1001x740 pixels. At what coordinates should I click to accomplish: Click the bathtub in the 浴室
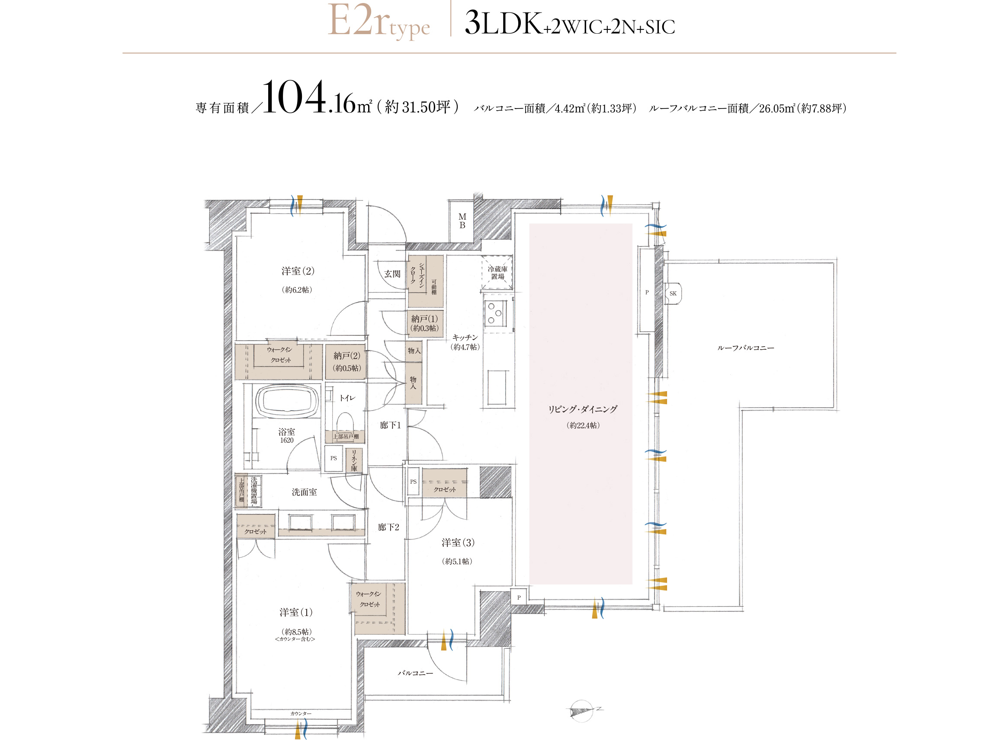click(x=287, y=400)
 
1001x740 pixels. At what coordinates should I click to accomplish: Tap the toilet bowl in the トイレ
click(x=345, y=421)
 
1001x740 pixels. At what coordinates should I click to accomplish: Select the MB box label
click(x=462, y=221)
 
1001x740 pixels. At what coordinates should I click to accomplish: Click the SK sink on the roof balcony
click(x=673, y=293)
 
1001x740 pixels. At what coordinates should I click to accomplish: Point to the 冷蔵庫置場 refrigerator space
click(x=497, y=272)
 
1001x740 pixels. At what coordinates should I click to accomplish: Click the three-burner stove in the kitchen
click(x=495, y=313)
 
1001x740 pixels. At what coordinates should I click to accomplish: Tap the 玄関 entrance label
click(x=392, y=274)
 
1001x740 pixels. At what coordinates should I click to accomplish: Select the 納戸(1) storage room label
click(x=424, y=319)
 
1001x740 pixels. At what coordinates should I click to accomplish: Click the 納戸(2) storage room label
click(x=346, y=356)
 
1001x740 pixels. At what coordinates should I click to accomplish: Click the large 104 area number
click(x=295, y=97)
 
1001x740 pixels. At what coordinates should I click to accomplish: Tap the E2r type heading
click(x=379, y=22)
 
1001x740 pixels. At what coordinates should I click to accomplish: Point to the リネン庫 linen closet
click(x=354, y=460)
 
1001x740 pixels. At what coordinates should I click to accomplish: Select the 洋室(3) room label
click(x=458, y=543)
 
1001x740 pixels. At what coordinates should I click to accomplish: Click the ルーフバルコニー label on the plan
click(x=745, y=348)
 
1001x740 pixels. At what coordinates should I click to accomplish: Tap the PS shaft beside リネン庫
click(x=334, y=458)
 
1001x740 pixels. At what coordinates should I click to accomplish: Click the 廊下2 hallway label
click(x=388, y=527)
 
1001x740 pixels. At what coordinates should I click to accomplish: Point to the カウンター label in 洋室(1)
click(x=300, y=713)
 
